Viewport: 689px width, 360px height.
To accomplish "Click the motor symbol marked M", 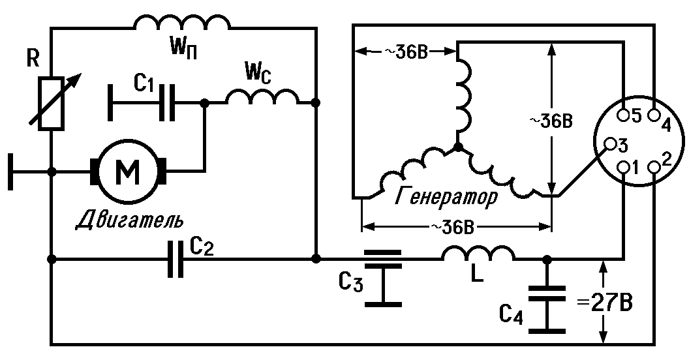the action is tap(128, 172).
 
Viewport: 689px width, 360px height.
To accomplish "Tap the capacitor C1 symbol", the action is tap(167, 103).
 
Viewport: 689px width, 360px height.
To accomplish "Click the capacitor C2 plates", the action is tap(176, 259).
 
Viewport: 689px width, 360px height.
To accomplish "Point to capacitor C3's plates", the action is tap(383, 259).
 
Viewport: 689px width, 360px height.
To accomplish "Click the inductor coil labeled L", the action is tap(478, 253).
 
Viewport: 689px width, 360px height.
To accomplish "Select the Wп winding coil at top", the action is tap(182, 22).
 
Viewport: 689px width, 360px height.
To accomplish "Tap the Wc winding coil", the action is tap(262, 97).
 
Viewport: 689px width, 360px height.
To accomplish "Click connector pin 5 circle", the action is tap(624, 115).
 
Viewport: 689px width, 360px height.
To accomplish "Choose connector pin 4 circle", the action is tap(654, 115).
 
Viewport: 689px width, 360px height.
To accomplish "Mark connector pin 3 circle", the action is tap(611, 144).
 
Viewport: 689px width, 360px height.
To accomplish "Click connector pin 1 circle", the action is tap(624, 167).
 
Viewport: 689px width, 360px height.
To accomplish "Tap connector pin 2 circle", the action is tap(654, 167).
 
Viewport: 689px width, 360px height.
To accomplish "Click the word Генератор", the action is tap(446, 196).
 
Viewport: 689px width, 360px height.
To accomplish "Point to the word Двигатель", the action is tap(130, 220).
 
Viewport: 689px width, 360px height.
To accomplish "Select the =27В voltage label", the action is tap(605, 303).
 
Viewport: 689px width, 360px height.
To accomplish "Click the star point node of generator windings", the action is tap(458, 147).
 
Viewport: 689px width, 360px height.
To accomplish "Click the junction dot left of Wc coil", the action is tap(204, 103).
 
